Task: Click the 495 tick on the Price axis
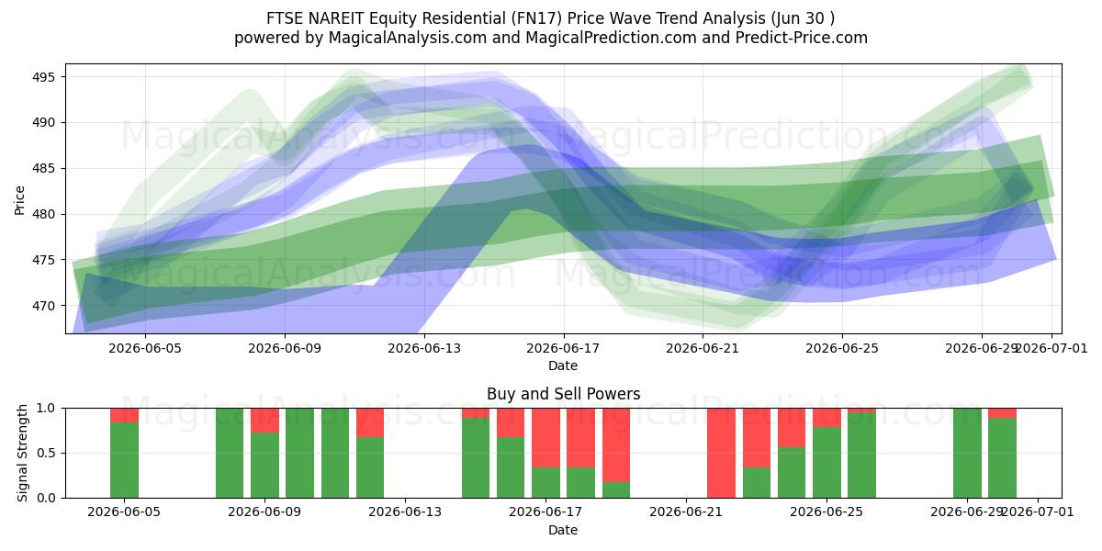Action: tap(44, 77)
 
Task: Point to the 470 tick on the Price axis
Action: tap(44, 306)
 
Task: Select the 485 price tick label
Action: tap(44, 169)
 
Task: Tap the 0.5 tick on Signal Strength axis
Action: tap(47, 453)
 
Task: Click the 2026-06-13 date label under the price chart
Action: tap(424, 348)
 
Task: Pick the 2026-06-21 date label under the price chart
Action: tap(703, 348)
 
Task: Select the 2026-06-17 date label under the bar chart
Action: tap(545, 512)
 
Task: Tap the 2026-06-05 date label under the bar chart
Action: tap(124, 512)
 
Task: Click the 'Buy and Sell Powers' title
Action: tap(563, 394)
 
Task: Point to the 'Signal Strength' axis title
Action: tap(22, 453)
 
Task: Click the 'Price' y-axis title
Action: tap(19, 200)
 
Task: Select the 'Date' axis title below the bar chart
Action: tap(563, 530)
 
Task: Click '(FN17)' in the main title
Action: tap(536, 18)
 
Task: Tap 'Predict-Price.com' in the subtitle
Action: tap(802, 38)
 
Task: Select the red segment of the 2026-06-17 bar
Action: tap(545, 438)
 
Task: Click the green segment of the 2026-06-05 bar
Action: tap(124, 460)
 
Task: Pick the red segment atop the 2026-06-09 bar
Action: tap(264, 421)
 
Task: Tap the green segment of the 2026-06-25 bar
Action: tap(826, 463)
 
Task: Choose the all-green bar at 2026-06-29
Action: tap(967, 453)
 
